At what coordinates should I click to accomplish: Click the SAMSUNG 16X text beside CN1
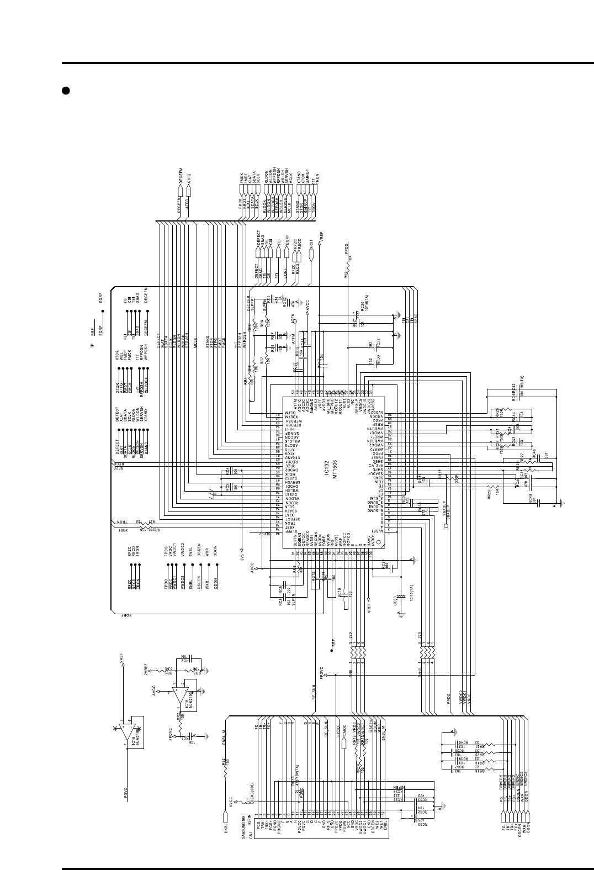pos(244,826)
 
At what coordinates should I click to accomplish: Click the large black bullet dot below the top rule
pos(65,90)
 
